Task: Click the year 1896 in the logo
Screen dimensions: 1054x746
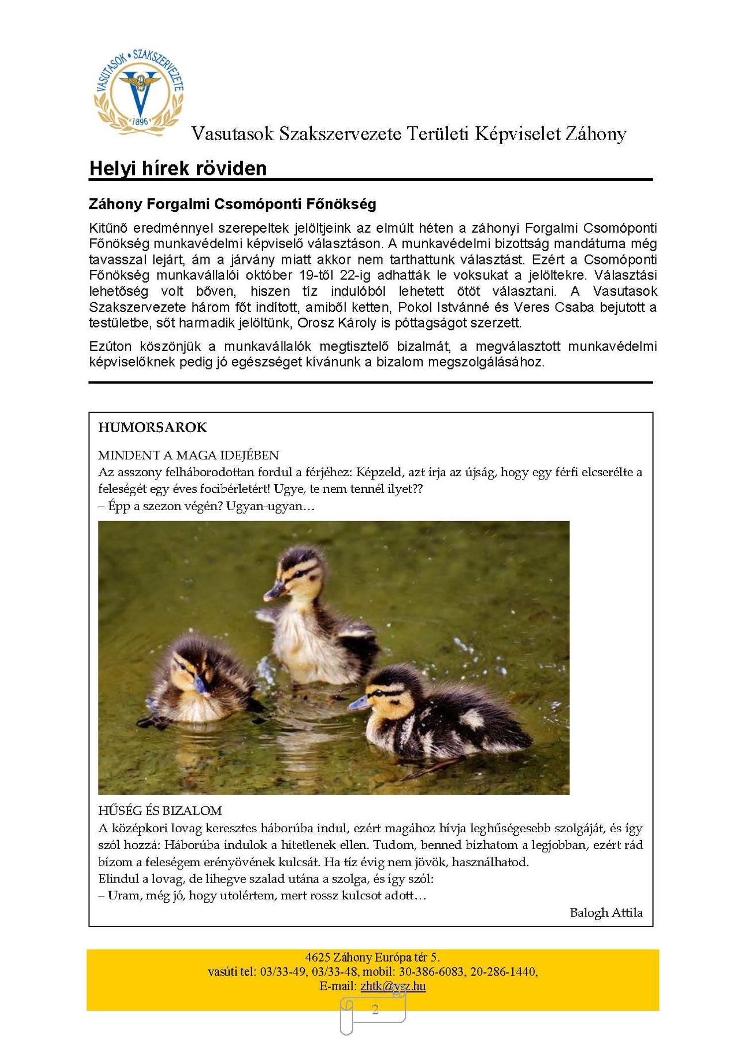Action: click(140, 122)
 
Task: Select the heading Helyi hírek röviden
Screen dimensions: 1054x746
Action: click(178, 169)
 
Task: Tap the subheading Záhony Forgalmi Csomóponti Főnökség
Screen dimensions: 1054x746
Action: click(232, 204)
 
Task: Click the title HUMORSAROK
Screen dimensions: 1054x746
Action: click(152, 427)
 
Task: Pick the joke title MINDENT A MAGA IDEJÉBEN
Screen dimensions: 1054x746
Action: click(188, 455)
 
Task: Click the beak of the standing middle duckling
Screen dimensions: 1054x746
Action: click(274, 592)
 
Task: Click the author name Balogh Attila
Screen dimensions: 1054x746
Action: click(606, 912)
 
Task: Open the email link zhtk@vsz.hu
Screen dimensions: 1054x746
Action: click(393, 986)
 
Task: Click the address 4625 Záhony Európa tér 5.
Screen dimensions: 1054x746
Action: click(373, 957)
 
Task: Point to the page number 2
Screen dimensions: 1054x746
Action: click(375, 1009)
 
